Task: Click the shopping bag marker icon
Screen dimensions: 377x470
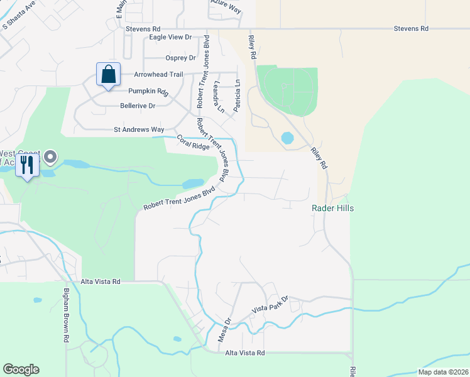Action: (x=109, y=74)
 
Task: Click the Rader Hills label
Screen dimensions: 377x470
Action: (x=332, y=209)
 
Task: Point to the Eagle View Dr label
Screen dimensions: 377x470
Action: (x=170, y=38)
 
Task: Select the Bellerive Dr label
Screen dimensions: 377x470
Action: (x=138, y=106)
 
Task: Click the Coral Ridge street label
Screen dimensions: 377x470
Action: (x=192, y=143)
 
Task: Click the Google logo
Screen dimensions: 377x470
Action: (x=21, y=369)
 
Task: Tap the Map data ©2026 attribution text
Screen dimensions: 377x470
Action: (x=442, y=372)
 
